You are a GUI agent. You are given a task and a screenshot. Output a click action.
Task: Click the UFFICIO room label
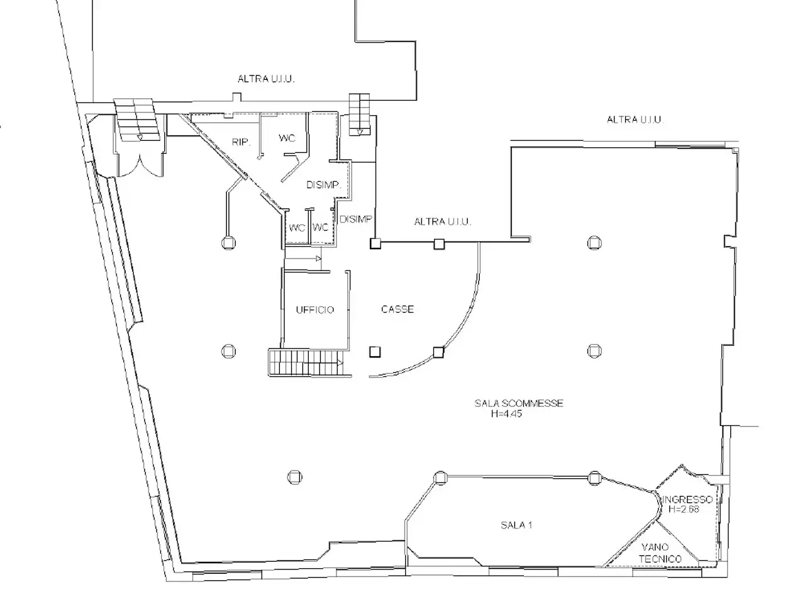coord(314,310)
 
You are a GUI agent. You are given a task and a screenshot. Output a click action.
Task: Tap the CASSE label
coord(397,309)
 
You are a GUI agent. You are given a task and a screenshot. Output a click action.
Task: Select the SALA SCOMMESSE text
coord(519,403)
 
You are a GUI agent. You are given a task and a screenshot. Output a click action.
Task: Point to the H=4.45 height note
coord(506,413)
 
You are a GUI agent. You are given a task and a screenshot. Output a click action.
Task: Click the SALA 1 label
coord(516,525)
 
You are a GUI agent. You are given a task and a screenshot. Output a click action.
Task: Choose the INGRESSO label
coord(687,500)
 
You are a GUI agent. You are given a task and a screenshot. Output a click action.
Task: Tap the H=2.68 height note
coord(684,509)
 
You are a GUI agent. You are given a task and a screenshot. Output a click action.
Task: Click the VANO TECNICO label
coord(660,553)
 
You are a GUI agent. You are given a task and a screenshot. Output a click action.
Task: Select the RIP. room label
coord(241,142)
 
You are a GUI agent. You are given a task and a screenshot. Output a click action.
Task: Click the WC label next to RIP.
coord(287,138)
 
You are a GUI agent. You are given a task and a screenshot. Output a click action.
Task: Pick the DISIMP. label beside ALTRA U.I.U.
coord(356,220)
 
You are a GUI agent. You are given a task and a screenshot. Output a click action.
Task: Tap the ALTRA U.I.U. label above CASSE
coord(442,221)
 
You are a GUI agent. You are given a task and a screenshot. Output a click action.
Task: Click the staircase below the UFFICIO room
coord(306,362)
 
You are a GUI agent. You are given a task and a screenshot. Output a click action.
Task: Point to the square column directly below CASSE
coord(375,352)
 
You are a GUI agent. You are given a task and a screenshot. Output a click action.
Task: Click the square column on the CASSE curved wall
coord(438,352)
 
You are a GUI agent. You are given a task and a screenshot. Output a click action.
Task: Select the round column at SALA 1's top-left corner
coord(440,478)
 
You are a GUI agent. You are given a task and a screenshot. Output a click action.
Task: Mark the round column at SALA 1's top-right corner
coord(594,478)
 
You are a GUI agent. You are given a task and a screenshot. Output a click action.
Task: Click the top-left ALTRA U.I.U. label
coord(266,79)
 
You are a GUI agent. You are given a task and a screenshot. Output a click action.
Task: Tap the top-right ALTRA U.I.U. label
coord(635,120)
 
